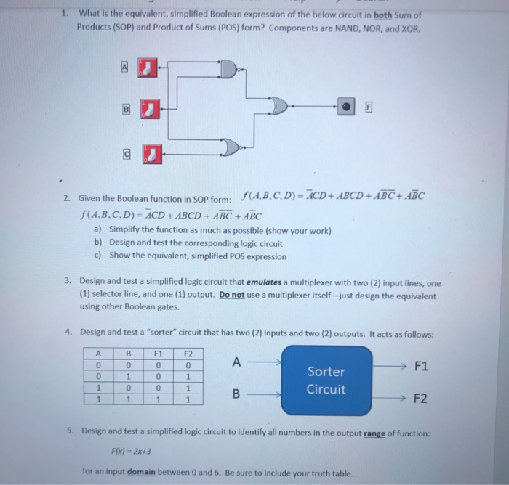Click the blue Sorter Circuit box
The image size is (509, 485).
coord(326,380)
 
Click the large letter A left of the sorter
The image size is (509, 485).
coord(236,362)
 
